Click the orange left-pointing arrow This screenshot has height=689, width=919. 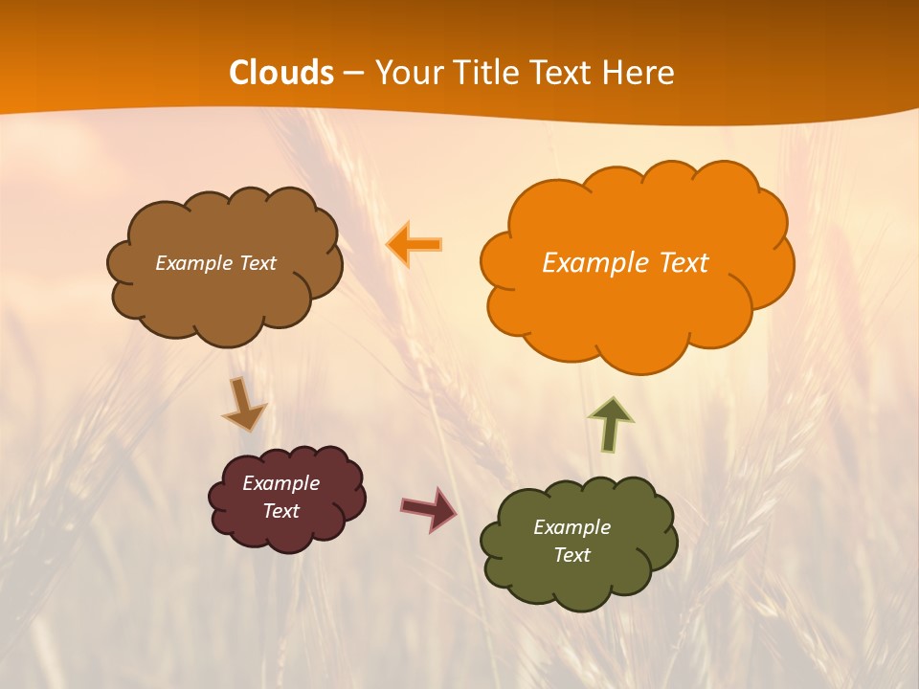[415, 244]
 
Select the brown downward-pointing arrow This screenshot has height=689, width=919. [243, 404]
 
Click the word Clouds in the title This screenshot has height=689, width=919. [281, 73]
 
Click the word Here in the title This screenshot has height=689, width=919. [640, 73]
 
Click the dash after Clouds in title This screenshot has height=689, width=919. [353, 73]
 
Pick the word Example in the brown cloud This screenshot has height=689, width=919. [192, 263]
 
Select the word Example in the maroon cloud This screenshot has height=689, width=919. [281, 483]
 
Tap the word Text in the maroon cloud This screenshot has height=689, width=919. [281, 511]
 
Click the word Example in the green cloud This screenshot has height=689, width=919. [572, 527]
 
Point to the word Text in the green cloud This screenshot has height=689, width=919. [572, 555]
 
